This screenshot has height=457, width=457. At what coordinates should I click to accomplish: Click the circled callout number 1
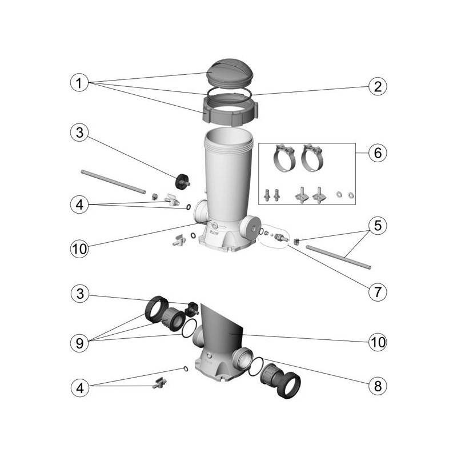tap(80, 83)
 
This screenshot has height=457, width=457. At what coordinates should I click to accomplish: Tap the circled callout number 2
tap(377, 87)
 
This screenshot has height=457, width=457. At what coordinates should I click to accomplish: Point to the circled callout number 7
tap(377, 291)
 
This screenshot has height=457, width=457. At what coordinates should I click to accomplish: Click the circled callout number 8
tap(377, 386)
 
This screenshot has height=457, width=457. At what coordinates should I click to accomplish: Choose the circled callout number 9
tap(80, 343)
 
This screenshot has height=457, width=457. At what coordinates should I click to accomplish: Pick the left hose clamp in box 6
tap(282, 158)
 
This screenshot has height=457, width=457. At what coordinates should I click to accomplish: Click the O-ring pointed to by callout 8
tap(256, 364)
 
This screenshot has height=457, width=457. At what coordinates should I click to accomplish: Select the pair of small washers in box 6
tap(345, 195)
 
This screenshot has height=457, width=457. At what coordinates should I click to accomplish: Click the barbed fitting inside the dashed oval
tap(280, 237)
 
